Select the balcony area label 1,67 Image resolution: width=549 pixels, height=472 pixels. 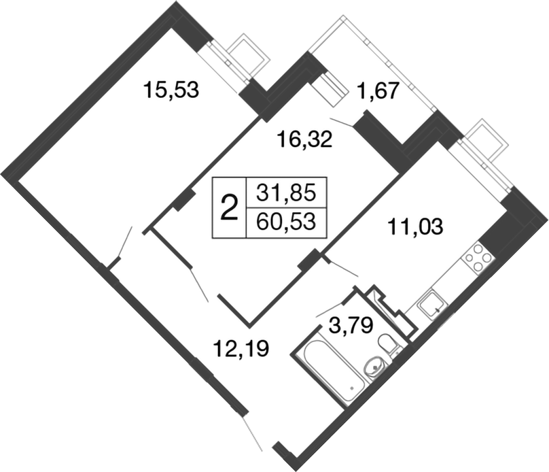click(x=378, y=91)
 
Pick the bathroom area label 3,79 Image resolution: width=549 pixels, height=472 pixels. click(x=349, y=324)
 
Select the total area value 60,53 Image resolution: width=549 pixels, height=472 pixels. click(x=286, y=222)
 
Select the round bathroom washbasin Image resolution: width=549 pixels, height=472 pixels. click(x=374, y=368)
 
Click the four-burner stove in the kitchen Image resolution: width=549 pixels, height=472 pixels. click(x=477, y=258)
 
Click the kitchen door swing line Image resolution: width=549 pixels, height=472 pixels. click(x=342, y=267)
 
